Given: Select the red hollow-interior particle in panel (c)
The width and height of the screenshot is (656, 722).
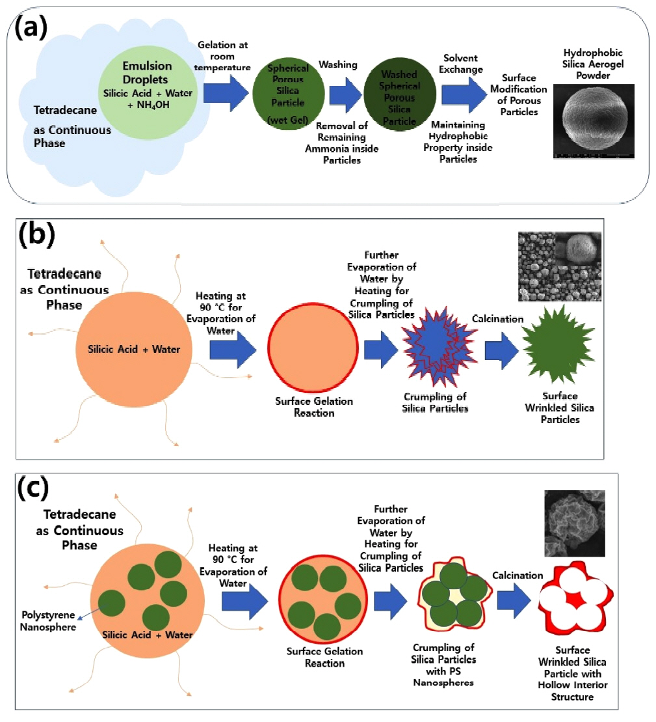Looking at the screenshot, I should [576, 603].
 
